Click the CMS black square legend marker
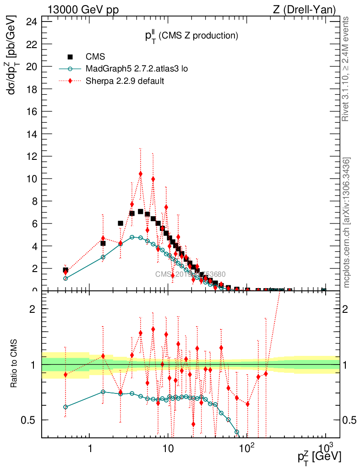click(x=70, y=57)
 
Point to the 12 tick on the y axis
click(x=32, y=156)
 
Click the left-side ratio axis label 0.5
click(x=30, y=420)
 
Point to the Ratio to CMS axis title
click(x=14, y=364)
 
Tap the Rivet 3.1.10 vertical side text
click(x=346, y=69)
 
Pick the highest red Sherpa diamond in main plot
click(x=141, y=174)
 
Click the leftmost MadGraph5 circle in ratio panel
click(x=65, y=407)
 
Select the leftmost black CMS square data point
click(x=65, y=270)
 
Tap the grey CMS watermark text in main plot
click(x=190, y=274)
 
